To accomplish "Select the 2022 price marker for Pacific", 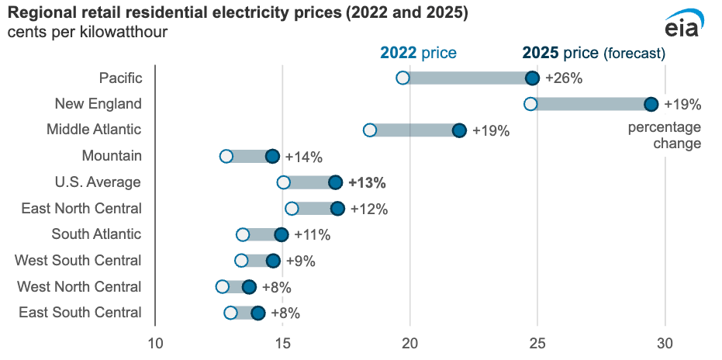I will click(402, 78).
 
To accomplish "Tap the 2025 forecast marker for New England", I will click(651, 104).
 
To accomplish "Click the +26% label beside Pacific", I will click(564, 78).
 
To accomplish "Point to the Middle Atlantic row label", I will click(94, 130).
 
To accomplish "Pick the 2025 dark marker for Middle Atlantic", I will click(459, 130).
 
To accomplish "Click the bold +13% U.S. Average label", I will click(367, 182).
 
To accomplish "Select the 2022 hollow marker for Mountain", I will click(226, 157).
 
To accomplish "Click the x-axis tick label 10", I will click(155, 342).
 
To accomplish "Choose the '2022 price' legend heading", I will click(418, 53).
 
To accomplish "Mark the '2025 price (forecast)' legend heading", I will click(594, 53).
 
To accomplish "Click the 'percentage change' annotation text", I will click(664, 135).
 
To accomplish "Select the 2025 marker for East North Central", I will click(337, 209).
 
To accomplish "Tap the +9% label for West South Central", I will click(301, 261).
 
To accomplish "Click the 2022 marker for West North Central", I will click(223, 287).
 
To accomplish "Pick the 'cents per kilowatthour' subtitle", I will click(87, 33).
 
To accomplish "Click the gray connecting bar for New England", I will click(591, 104).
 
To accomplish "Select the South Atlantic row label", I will click(96, 234).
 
